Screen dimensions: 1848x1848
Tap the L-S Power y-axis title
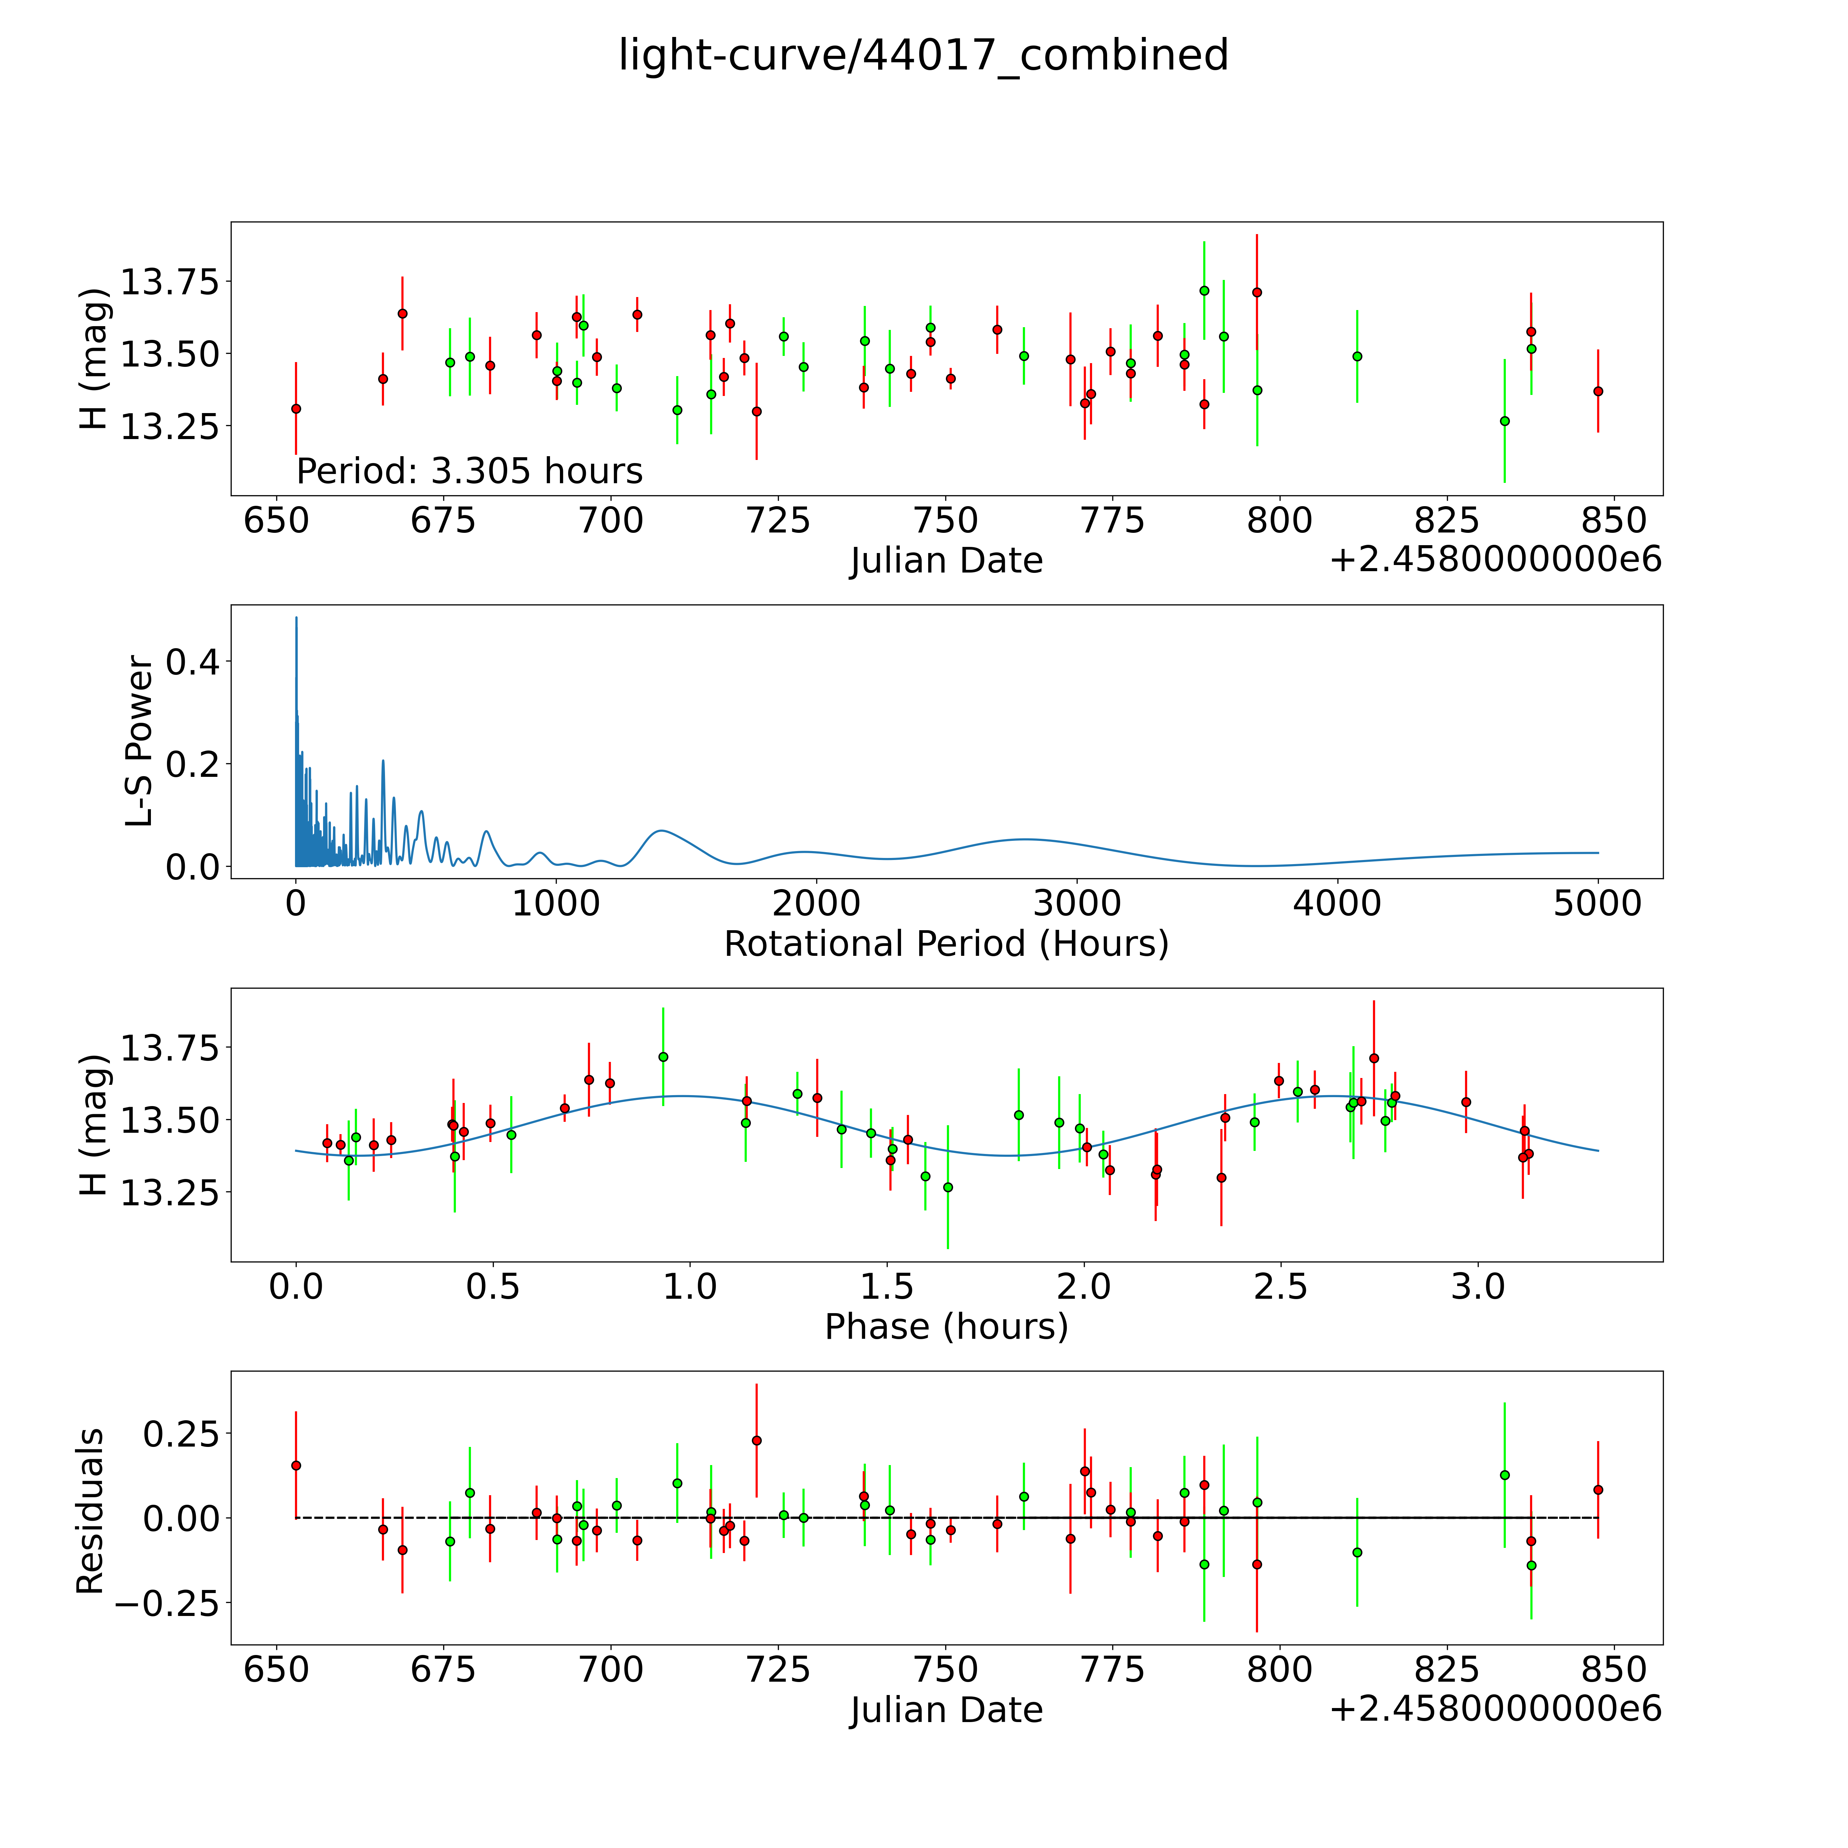[140, 741]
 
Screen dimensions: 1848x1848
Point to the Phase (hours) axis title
[946, 1327]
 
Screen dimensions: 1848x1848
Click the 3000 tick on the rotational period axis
[1077, 903]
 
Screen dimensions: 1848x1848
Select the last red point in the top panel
[1597, 391]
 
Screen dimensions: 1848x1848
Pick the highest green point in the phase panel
[663, 1057]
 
